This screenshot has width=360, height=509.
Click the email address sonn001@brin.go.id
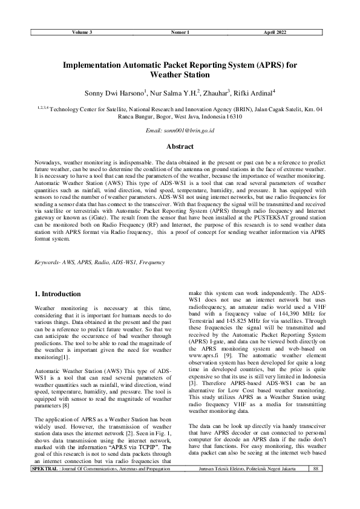pos(180,131)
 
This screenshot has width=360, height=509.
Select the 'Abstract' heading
pos(180,147)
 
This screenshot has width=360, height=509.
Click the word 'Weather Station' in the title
pos(180,76)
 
